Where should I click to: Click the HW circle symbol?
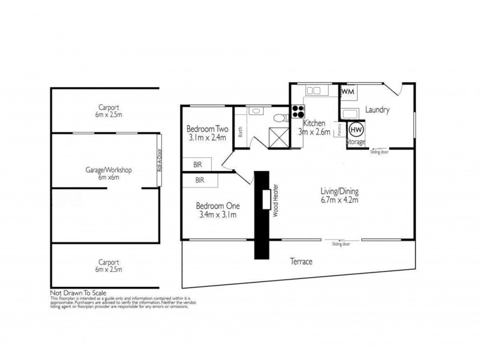coord(356,128)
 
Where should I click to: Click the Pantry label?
coord(339,130)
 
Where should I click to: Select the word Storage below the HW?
coord(356,142)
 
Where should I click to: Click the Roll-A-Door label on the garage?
coord(160,161)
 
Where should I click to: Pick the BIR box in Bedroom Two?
coord(197,164)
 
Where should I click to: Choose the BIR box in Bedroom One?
coord(199,179)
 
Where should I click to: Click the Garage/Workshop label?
coord(108,170)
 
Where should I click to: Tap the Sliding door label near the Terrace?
coord(341,245)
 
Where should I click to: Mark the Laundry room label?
coord(378,110)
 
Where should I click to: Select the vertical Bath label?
coord(241,131)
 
